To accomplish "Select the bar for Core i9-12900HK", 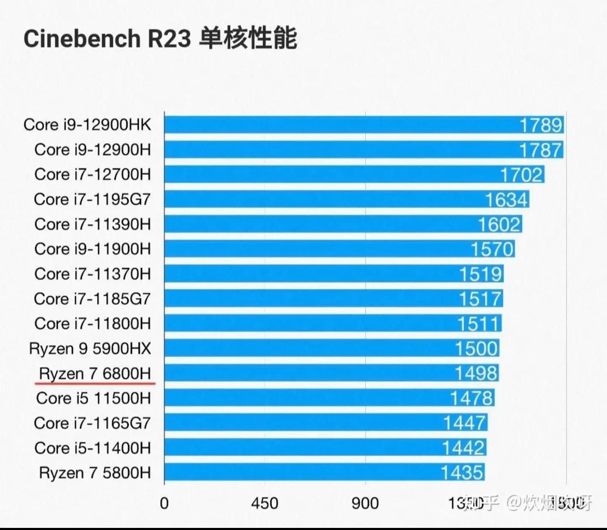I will [x=337, y=125].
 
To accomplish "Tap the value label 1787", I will [x=540, y=150].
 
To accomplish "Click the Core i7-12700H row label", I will [x=92, y=174].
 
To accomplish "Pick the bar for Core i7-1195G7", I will [x=320, y=199].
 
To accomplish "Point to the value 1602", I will [x=499, y=225].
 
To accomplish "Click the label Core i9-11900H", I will [x=92, y=249].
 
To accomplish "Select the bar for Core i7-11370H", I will [x=312, y=274].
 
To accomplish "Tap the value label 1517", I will [x=480, y=299].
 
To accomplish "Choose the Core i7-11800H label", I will [x=92, y=324].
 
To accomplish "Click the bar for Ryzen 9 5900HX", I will [x=308, y=348].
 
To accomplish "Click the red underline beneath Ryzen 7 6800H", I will [x=95, y=384].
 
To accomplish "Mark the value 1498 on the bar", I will [x=476, y=374].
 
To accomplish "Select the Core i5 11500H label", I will [x=93, y=398].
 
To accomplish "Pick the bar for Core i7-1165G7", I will [x=303, y=423].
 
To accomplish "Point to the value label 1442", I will [x=463, y=448].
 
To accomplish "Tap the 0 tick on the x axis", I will [x=164, y=503].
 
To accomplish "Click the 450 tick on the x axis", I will [x=264, y=503].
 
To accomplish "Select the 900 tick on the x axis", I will [x=365, y=503].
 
